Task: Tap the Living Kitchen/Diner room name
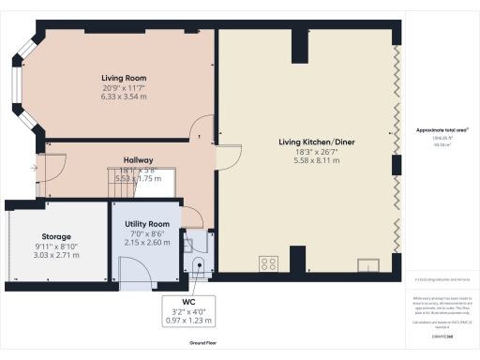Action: point(307,142)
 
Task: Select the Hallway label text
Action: point(138,160)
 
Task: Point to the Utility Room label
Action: point(146,224)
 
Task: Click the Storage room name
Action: point(56,236)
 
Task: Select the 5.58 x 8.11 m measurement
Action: point(307,160)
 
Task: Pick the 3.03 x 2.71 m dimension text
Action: point(56,254)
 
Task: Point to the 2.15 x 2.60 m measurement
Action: point(146,242)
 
